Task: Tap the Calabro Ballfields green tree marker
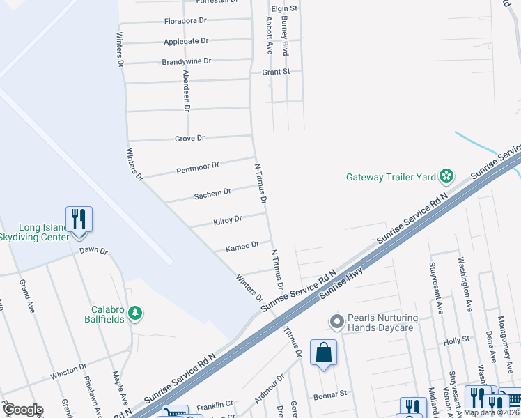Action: coord(137,314)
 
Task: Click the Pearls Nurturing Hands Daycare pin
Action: coord(337,322)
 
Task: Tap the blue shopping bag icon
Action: coord(324,353)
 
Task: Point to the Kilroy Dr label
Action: coord(228,220)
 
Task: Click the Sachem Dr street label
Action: coord(212,192)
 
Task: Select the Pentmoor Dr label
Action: coord(198,167)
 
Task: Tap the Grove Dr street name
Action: coord(190,139)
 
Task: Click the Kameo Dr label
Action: coord(242,245)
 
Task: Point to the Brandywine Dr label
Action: coord(186,61)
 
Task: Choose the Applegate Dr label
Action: coord(186,42)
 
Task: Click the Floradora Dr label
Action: coord(185,21)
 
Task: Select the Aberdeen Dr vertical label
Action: coord(186,91)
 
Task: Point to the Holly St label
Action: coord(453,342)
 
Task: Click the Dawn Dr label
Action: coord(93,250)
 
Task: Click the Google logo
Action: coord(22,410)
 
